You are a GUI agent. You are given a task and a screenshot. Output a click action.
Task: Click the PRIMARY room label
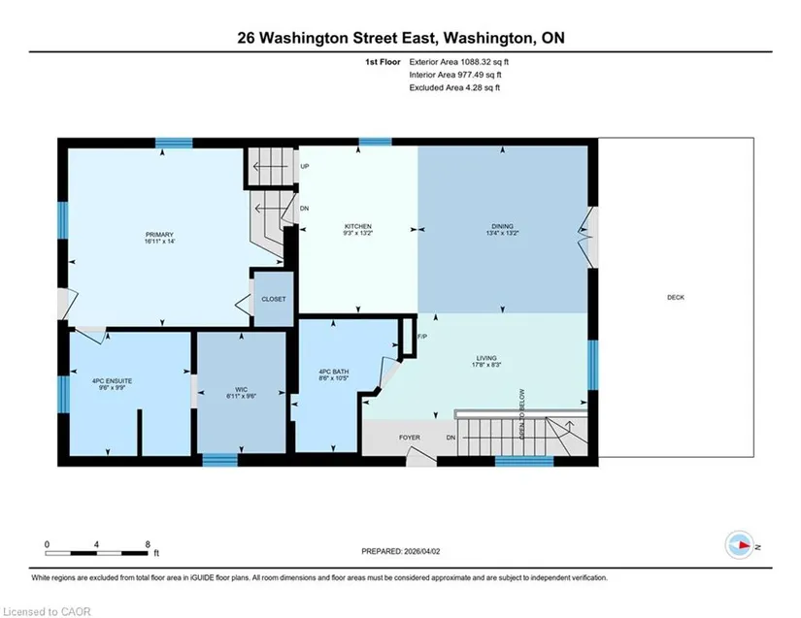(x=159, y=235)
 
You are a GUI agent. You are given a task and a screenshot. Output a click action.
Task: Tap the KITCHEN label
(x=357, y=226)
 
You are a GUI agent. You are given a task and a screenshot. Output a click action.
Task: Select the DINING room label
(x=502, y=226)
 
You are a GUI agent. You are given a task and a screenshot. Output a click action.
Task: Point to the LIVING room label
(x=486, y=358)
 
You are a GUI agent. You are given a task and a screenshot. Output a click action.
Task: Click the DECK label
(x=676, y=297)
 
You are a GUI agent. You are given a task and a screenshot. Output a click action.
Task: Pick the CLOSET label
(x=273, y=299)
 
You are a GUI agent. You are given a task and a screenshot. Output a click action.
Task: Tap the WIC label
(x=241, y=389)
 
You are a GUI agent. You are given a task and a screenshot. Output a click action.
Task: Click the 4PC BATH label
(x=334, y=372)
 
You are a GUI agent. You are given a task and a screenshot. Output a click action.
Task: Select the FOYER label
(x=409, y=438)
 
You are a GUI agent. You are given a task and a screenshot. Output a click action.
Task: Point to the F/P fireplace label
(x=422, y=337)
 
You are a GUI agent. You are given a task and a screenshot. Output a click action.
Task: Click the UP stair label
(x=305, y=166)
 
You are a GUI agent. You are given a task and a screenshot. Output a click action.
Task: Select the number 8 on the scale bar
(x=148, y=544)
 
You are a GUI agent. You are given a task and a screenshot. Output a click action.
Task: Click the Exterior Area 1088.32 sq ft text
(x=458, y=62)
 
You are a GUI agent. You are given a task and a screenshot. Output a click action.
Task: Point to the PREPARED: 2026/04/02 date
(x=400, y=551)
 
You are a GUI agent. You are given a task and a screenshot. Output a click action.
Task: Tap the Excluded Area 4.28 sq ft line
(x=454, y=87)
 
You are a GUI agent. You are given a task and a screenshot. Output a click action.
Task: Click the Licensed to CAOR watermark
(x=47, y=611)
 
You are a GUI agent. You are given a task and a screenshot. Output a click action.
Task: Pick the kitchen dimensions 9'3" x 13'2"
(x=357, y=233)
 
